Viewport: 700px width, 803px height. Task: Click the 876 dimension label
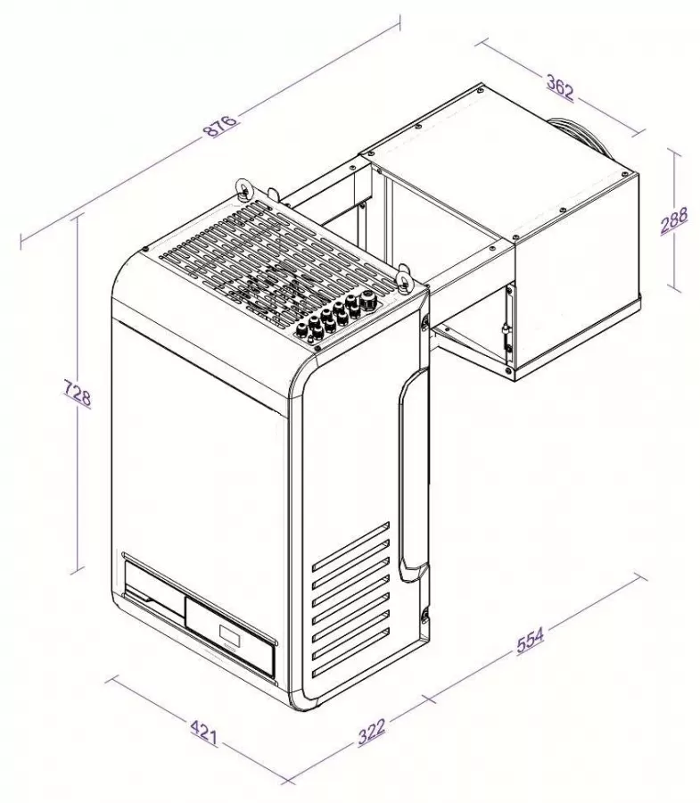[220, 125]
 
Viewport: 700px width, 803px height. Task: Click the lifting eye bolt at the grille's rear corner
[243, 188]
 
